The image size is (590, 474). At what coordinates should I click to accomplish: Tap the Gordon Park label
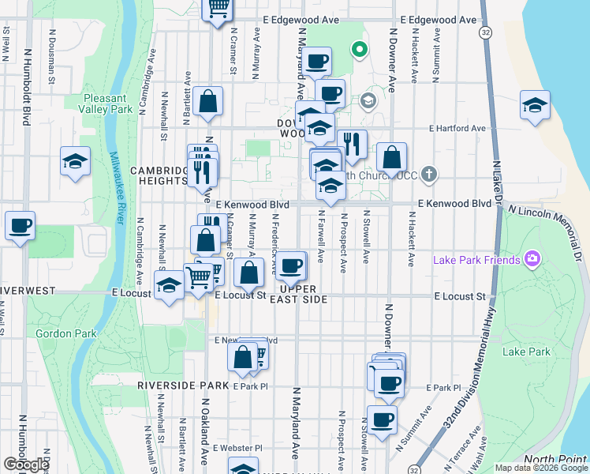pyautogui.click(x=65, y=333)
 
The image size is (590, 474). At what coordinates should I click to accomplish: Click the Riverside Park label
pyautogui.click(x=182, y=386)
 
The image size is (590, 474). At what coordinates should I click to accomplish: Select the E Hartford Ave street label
pyautogui.click(x=457, y=128)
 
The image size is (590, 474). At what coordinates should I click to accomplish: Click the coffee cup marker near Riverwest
pyautogui.click(x=20, y=226)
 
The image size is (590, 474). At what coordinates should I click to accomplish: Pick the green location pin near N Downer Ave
pyautogui.click(x=360, y=50)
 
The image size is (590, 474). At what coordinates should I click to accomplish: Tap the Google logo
pyautogui.click(x=27, y=465)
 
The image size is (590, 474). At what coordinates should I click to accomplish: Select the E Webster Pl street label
pyautogui.click(x=237, y=448)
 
